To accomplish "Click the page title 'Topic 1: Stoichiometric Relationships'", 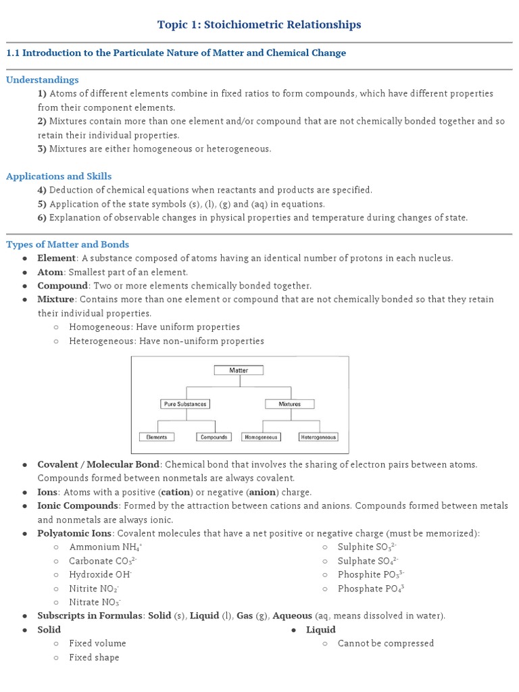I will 259,25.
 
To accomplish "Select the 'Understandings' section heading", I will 43,80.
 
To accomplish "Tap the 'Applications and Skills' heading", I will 59,176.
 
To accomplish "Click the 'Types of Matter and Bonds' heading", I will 68,245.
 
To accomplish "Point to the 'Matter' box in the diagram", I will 239,370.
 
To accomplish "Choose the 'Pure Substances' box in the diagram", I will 185,404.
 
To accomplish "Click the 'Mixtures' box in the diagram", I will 290,404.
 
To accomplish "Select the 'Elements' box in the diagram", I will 157,437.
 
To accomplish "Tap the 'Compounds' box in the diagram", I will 214,437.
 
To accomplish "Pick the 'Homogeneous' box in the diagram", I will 261,437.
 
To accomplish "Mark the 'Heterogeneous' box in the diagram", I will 318,437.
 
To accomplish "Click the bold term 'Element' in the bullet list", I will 56,258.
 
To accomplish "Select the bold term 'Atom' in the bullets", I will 50,272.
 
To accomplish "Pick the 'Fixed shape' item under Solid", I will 94,658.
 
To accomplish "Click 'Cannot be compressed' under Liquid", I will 386,643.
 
